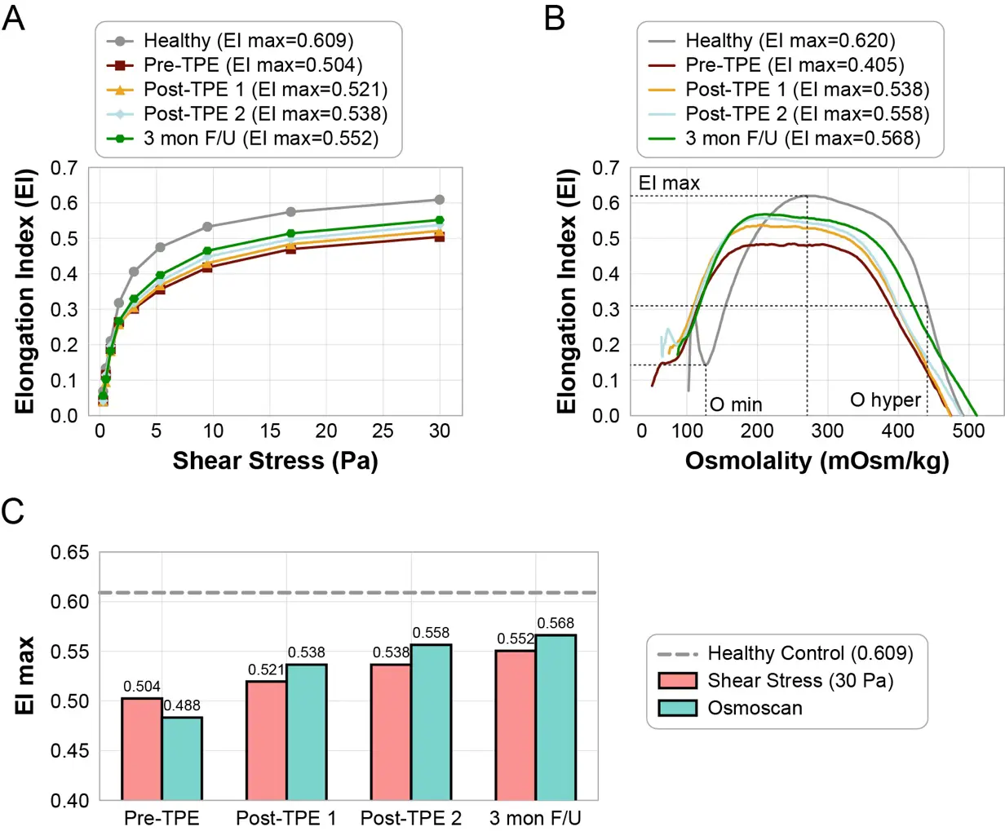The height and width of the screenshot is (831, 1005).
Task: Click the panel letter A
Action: coord(14,17)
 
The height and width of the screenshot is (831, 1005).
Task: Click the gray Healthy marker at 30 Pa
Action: coord(440,200)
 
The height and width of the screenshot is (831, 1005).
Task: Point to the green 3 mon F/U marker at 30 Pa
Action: coord(440,220)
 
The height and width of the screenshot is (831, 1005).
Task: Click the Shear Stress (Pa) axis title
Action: coord(275,461)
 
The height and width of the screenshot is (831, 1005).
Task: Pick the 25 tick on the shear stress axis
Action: coord(383,431)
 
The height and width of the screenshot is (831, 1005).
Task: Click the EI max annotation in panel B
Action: coord(669,183)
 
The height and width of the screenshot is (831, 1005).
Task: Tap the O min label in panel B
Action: coord(736,404)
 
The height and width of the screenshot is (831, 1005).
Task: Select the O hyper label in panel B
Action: coord(885,400)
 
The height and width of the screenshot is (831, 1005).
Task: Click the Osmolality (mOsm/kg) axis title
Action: coord(817,461)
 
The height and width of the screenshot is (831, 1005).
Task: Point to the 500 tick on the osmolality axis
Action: coord(968,431)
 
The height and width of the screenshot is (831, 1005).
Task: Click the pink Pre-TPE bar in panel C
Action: coord(141,749)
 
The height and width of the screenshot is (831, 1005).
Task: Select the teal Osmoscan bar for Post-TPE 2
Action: coord(432,722)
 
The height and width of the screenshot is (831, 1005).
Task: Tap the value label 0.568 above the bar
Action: coord(556,624)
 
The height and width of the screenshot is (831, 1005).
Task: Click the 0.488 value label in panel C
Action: coord(181,706)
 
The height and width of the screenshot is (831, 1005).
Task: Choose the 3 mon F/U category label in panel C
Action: coord(535,818)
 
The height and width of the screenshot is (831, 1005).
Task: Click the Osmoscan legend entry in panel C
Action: coord(755,708)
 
